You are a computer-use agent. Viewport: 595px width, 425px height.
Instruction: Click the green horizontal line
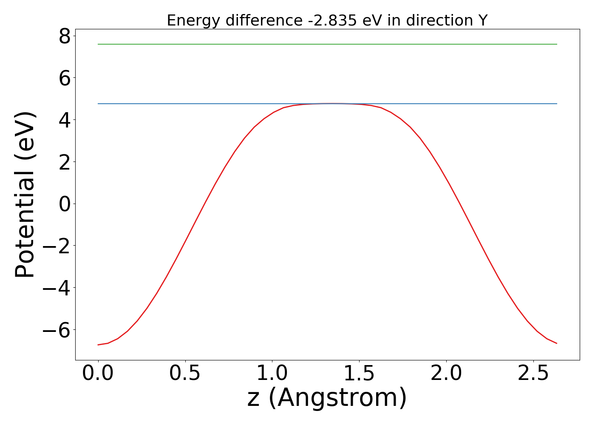point(327,44)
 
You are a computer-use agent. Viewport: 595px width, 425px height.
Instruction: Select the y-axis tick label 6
point(65,78)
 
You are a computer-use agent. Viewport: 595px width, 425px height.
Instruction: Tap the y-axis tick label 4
point(65,120)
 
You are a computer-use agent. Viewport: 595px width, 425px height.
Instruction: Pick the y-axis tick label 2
point(65,162)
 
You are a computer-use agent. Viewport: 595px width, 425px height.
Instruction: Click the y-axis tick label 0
point(65,204)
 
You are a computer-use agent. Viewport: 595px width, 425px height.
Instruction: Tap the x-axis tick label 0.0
point(98,373)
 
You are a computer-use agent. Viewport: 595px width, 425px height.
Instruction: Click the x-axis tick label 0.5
point(185,373)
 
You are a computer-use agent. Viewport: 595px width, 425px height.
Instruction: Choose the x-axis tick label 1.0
point(272,373)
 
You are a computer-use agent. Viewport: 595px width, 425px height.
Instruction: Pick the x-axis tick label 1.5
point(360,373)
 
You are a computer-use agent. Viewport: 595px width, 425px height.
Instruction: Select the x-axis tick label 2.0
point(446,373)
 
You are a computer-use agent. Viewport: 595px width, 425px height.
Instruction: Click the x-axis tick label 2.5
point(533,373)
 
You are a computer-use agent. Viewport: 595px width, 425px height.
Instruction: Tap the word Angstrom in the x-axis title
point(337,398)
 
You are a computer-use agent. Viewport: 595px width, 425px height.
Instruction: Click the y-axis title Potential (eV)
point(25,195)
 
